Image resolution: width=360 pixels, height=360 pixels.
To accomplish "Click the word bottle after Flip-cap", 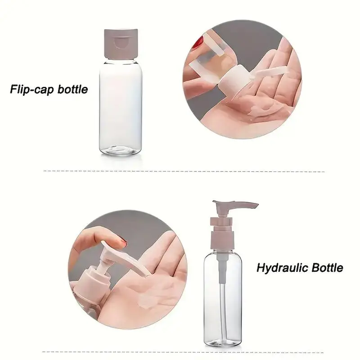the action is (72, 89).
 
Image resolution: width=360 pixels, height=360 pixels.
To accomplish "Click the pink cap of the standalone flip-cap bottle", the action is (121, 43).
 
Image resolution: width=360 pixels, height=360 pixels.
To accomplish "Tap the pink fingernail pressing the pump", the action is (121, 242).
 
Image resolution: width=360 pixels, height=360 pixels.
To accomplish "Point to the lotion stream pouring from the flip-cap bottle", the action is (266, 73).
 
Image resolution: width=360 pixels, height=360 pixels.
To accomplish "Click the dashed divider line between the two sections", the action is (184, 171).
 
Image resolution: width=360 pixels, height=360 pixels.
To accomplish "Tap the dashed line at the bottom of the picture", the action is (183, 352).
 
